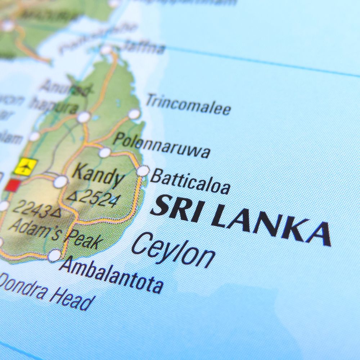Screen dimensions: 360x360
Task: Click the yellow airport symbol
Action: click(26, 166)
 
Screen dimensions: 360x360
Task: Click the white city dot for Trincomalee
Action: click(134, 114)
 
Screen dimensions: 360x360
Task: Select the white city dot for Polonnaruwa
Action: click(105, 152)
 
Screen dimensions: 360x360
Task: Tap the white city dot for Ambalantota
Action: click(54, 255)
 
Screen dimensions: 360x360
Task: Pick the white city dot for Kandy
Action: click(60, 181)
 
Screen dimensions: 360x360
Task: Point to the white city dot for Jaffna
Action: click(106, 50)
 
